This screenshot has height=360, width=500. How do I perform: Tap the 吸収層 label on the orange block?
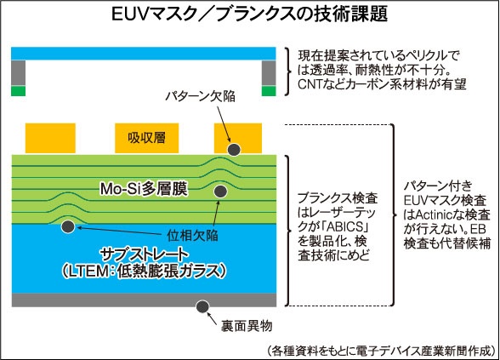coord(146,138)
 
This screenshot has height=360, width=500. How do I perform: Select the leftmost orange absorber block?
coord(50,138)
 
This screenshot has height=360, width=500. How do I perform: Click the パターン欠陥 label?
coord(201,96)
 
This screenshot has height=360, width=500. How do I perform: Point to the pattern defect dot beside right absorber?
coord(235,149)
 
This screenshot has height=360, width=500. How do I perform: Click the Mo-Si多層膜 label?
coord(144,189)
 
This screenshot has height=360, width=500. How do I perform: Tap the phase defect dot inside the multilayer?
coord(220,191)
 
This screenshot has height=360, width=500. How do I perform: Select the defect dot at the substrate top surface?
coord(68,226)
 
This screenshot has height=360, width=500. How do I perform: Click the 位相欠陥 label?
coord(192,235)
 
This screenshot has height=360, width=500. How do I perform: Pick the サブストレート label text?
coord(145,254)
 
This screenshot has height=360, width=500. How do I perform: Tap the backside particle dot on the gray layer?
coord(202,306)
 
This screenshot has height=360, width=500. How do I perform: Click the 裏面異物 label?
coord(247,326)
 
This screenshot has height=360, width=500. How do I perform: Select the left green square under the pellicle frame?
coord(18,90)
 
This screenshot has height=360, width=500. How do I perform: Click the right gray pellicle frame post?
coord(269,73)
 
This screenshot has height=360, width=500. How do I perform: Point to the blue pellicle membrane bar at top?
coord(144,54)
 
